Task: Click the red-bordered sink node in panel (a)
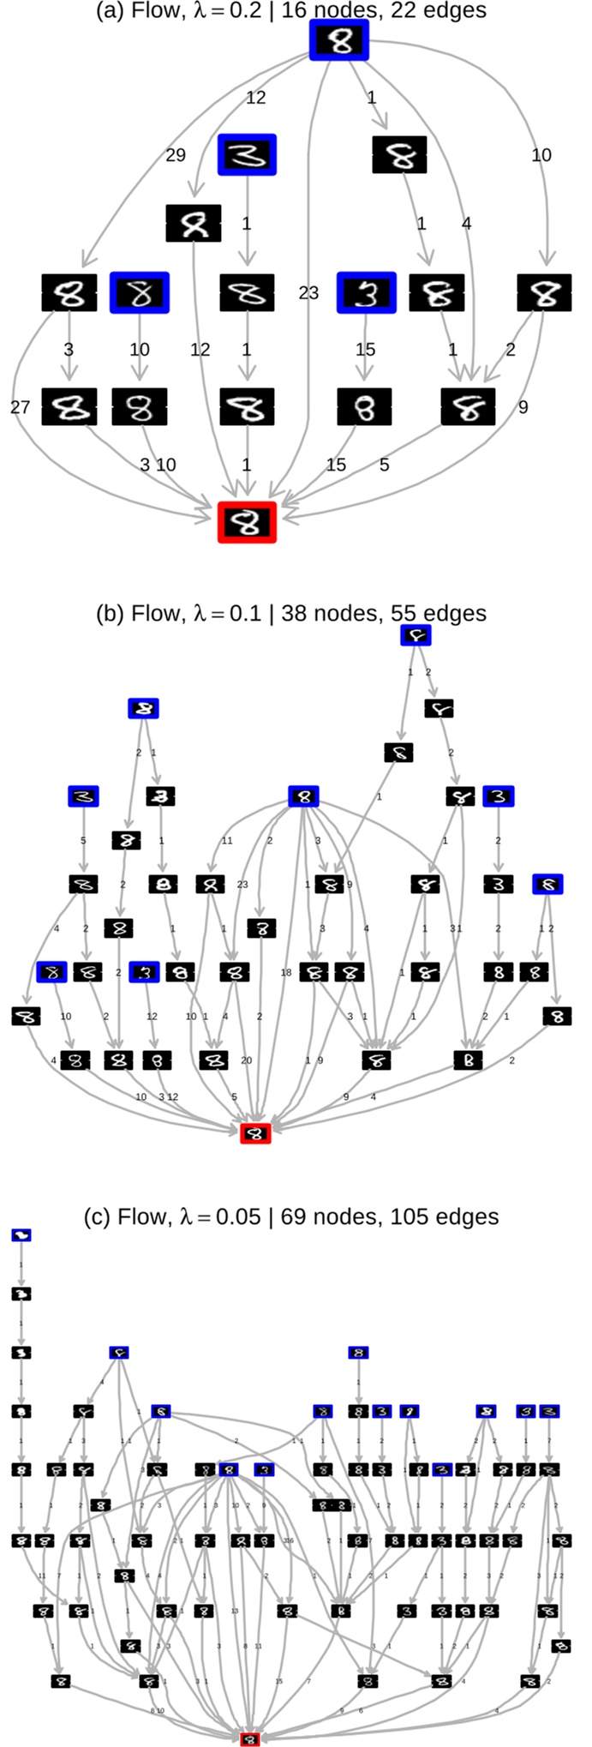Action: tap(247, 522)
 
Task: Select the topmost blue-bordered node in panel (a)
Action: tap(338, 40)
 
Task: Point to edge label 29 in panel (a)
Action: tap(175, 155)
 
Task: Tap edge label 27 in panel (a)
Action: tap(20, 407)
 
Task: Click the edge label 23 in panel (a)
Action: tap(308, 293)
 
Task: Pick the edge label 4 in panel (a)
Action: tap(466, 224)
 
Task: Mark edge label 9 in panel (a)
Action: tap(523, 407)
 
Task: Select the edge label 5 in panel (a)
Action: tap(384, 465)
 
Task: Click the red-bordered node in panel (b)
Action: tap(255, 1133)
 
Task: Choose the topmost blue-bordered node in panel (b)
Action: tap(416, 635)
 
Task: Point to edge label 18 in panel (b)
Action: tap(286, 973)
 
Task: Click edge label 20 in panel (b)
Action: tap(246, 1060)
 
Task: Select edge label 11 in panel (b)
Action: tap(226, 841)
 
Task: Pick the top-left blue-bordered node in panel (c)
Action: tap(21, 1235)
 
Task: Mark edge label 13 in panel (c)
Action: tap(234, 1612)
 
